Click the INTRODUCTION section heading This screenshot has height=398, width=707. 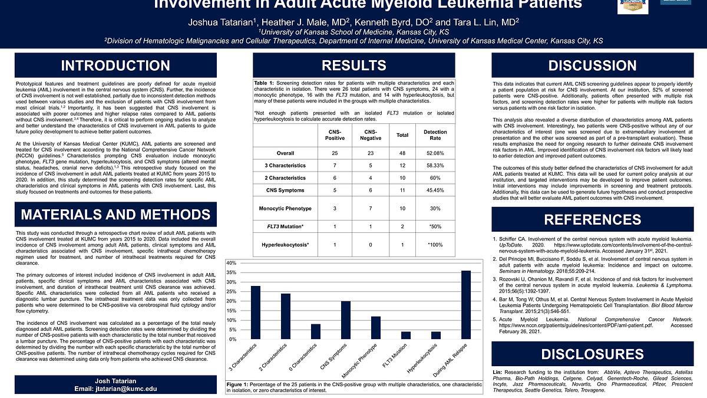pyautogui.click(x=115, y=65)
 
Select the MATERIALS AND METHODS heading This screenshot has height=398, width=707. pyautogui.click(x=115, y=215)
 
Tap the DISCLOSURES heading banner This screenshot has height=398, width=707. pyautogui.click(x=593, y=354)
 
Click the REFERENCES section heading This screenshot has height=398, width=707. pyautogui.click(x=593, y=220)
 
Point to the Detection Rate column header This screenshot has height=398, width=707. pyautogui.click(x=435, y=135)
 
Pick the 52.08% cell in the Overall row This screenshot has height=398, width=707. pyautogui.click(x=435, y=153)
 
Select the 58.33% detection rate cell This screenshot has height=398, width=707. pyautogui.click(x=435, y=166)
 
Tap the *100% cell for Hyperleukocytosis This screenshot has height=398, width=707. pyautogui.click(x=435, y=244)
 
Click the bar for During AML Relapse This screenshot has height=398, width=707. pyautogui.click(x=465, y=305)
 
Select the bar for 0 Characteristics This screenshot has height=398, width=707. pyautogui.click(x=315, y=332)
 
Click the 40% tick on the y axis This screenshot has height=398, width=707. pyautogui.click(x=231, y=263)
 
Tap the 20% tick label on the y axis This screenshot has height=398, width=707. pyautogui.click(x=231, y=301)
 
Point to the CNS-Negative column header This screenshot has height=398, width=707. pyautogui.click(x=370, y=135)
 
